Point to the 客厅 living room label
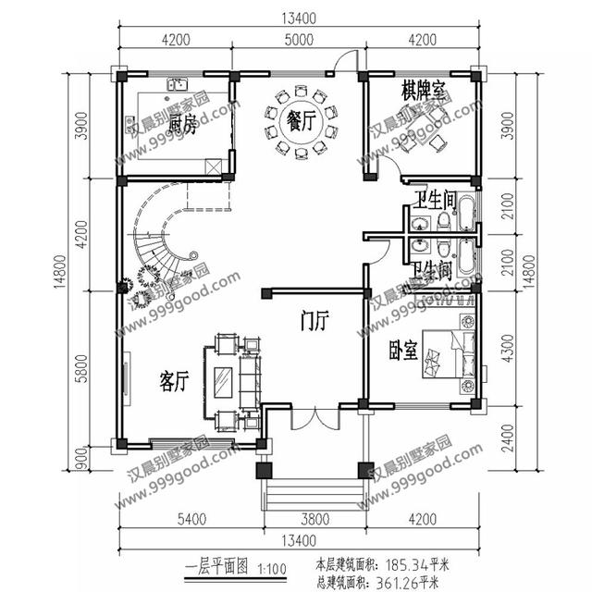[x=174, y=380]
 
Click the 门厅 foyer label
[x=314, y=321]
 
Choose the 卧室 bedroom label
[x=403, y=351]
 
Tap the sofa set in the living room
[x=227, y=379]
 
